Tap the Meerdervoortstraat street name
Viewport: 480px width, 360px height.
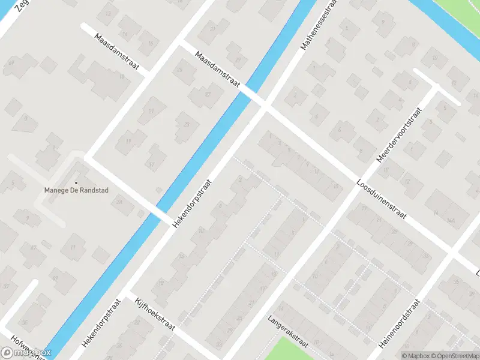point(400,136)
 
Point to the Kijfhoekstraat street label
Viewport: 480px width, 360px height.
point(155,314)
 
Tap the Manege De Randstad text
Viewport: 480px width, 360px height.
point(76,191)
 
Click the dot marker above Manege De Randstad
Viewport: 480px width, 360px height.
point(76,182)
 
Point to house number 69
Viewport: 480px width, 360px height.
point(11,62)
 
